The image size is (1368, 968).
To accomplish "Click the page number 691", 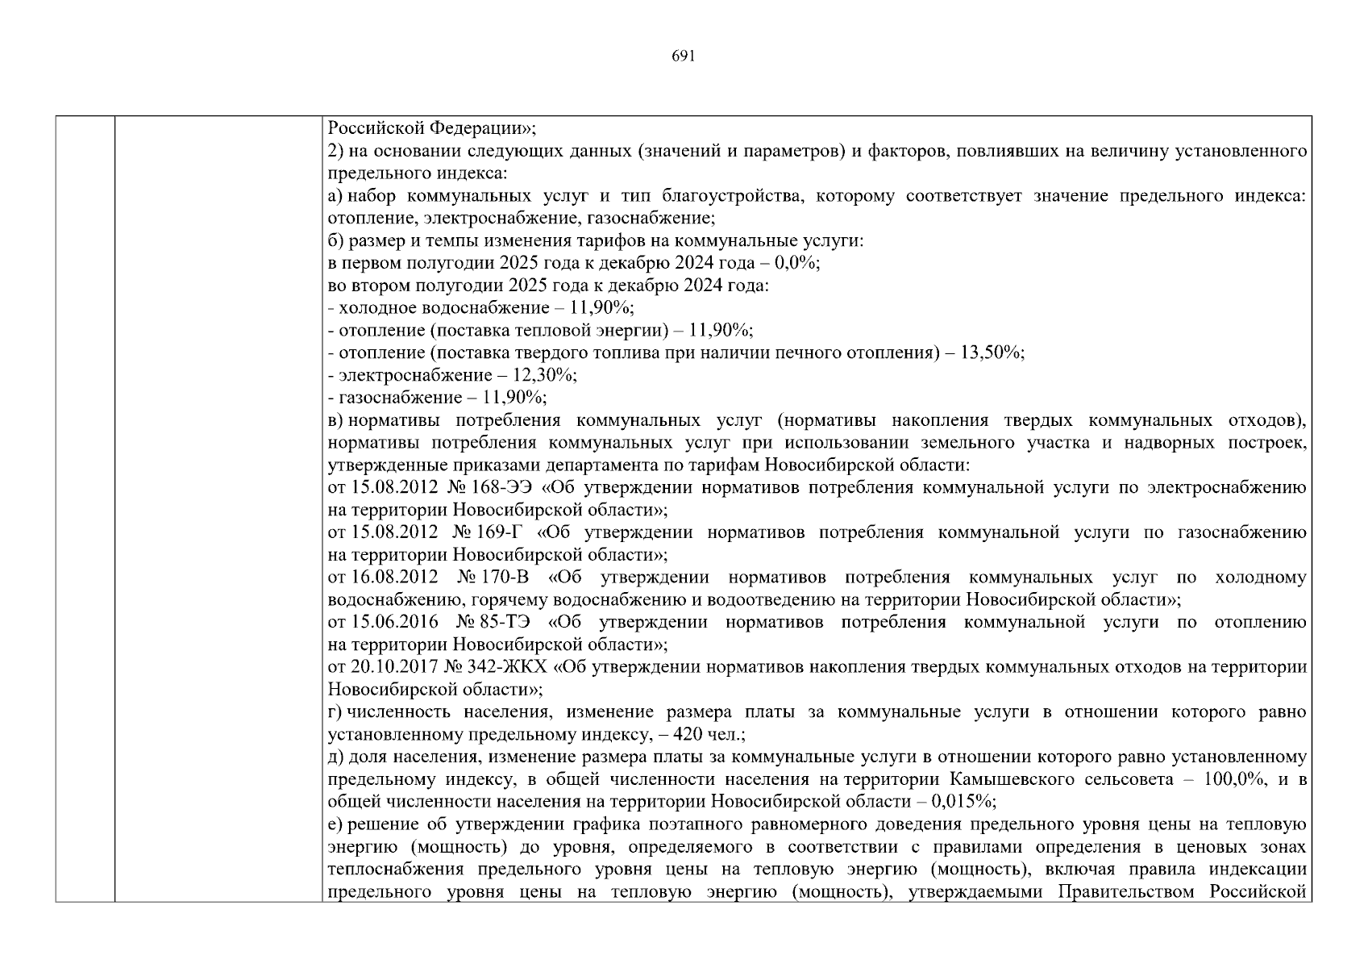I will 683,56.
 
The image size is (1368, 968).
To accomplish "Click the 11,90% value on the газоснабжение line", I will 514,398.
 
